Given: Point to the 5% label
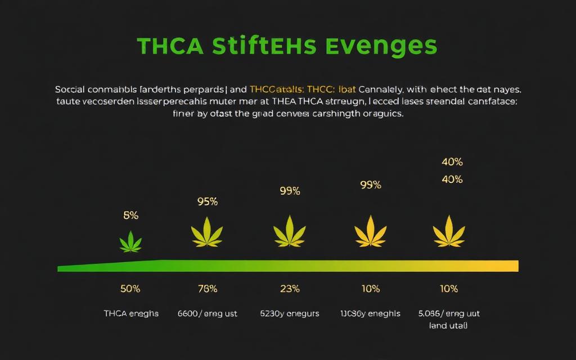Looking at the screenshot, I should point(130,215).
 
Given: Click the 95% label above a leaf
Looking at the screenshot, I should point(208,201).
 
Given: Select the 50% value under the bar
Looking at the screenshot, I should point(130,289).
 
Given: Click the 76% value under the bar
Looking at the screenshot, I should point(208,289).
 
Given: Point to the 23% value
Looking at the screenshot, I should point(290,289).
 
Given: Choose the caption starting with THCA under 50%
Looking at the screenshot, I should point(131,313).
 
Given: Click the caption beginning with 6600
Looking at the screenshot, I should point(208,313).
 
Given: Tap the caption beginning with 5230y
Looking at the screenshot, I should point(290,313).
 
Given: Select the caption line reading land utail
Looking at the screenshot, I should point(448,325).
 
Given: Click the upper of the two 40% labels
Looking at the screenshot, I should point(452,162).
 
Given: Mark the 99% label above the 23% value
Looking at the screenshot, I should point(290,191).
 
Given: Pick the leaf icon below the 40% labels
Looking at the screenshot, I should point(449,231).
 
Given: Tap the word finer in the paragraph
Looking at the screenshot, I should point(181,114).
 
